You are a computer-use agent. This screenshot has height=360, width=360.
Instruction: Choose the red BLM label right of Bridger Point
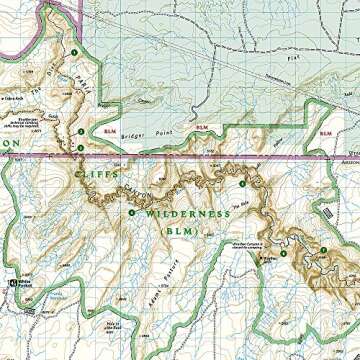click(x=202, y=128)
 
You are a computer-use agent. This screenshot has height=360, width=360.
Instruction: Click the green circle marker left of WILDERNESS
click(x=131, y=211)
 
